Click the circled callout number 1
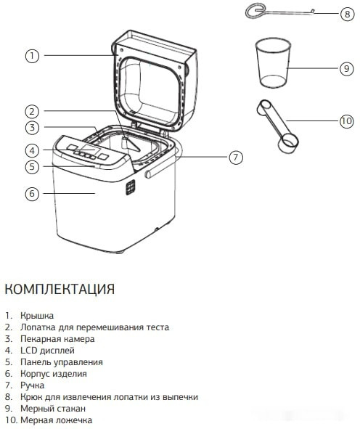click(x=32, y=56)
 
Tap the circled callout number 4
click(x=32, y=150)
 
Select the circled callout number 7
click(x=236, y=158)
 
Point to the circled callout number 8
click(x=348, y=13)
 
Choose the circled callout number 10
click(x=346, y=121)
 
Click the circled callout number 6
click(x=32, y=193)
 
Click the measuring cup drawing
click(x=273, y=63)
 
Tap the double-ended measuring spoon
click(x=277, y=126)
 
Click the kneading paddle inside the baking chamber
click(x=131, y=144)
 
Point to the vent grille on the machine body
click(x=131, y=187)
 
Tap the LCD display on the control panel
click(x=90, y=149)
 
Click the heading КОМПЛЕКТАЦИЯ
click(x=60, y=289)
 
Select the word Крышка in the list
click(x=37, y=316)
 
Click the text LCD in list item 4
click(x=28, y=351)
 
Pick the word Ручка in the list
click(x=32, y=385)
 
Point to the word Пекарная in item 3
click(x=39, y=339)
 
